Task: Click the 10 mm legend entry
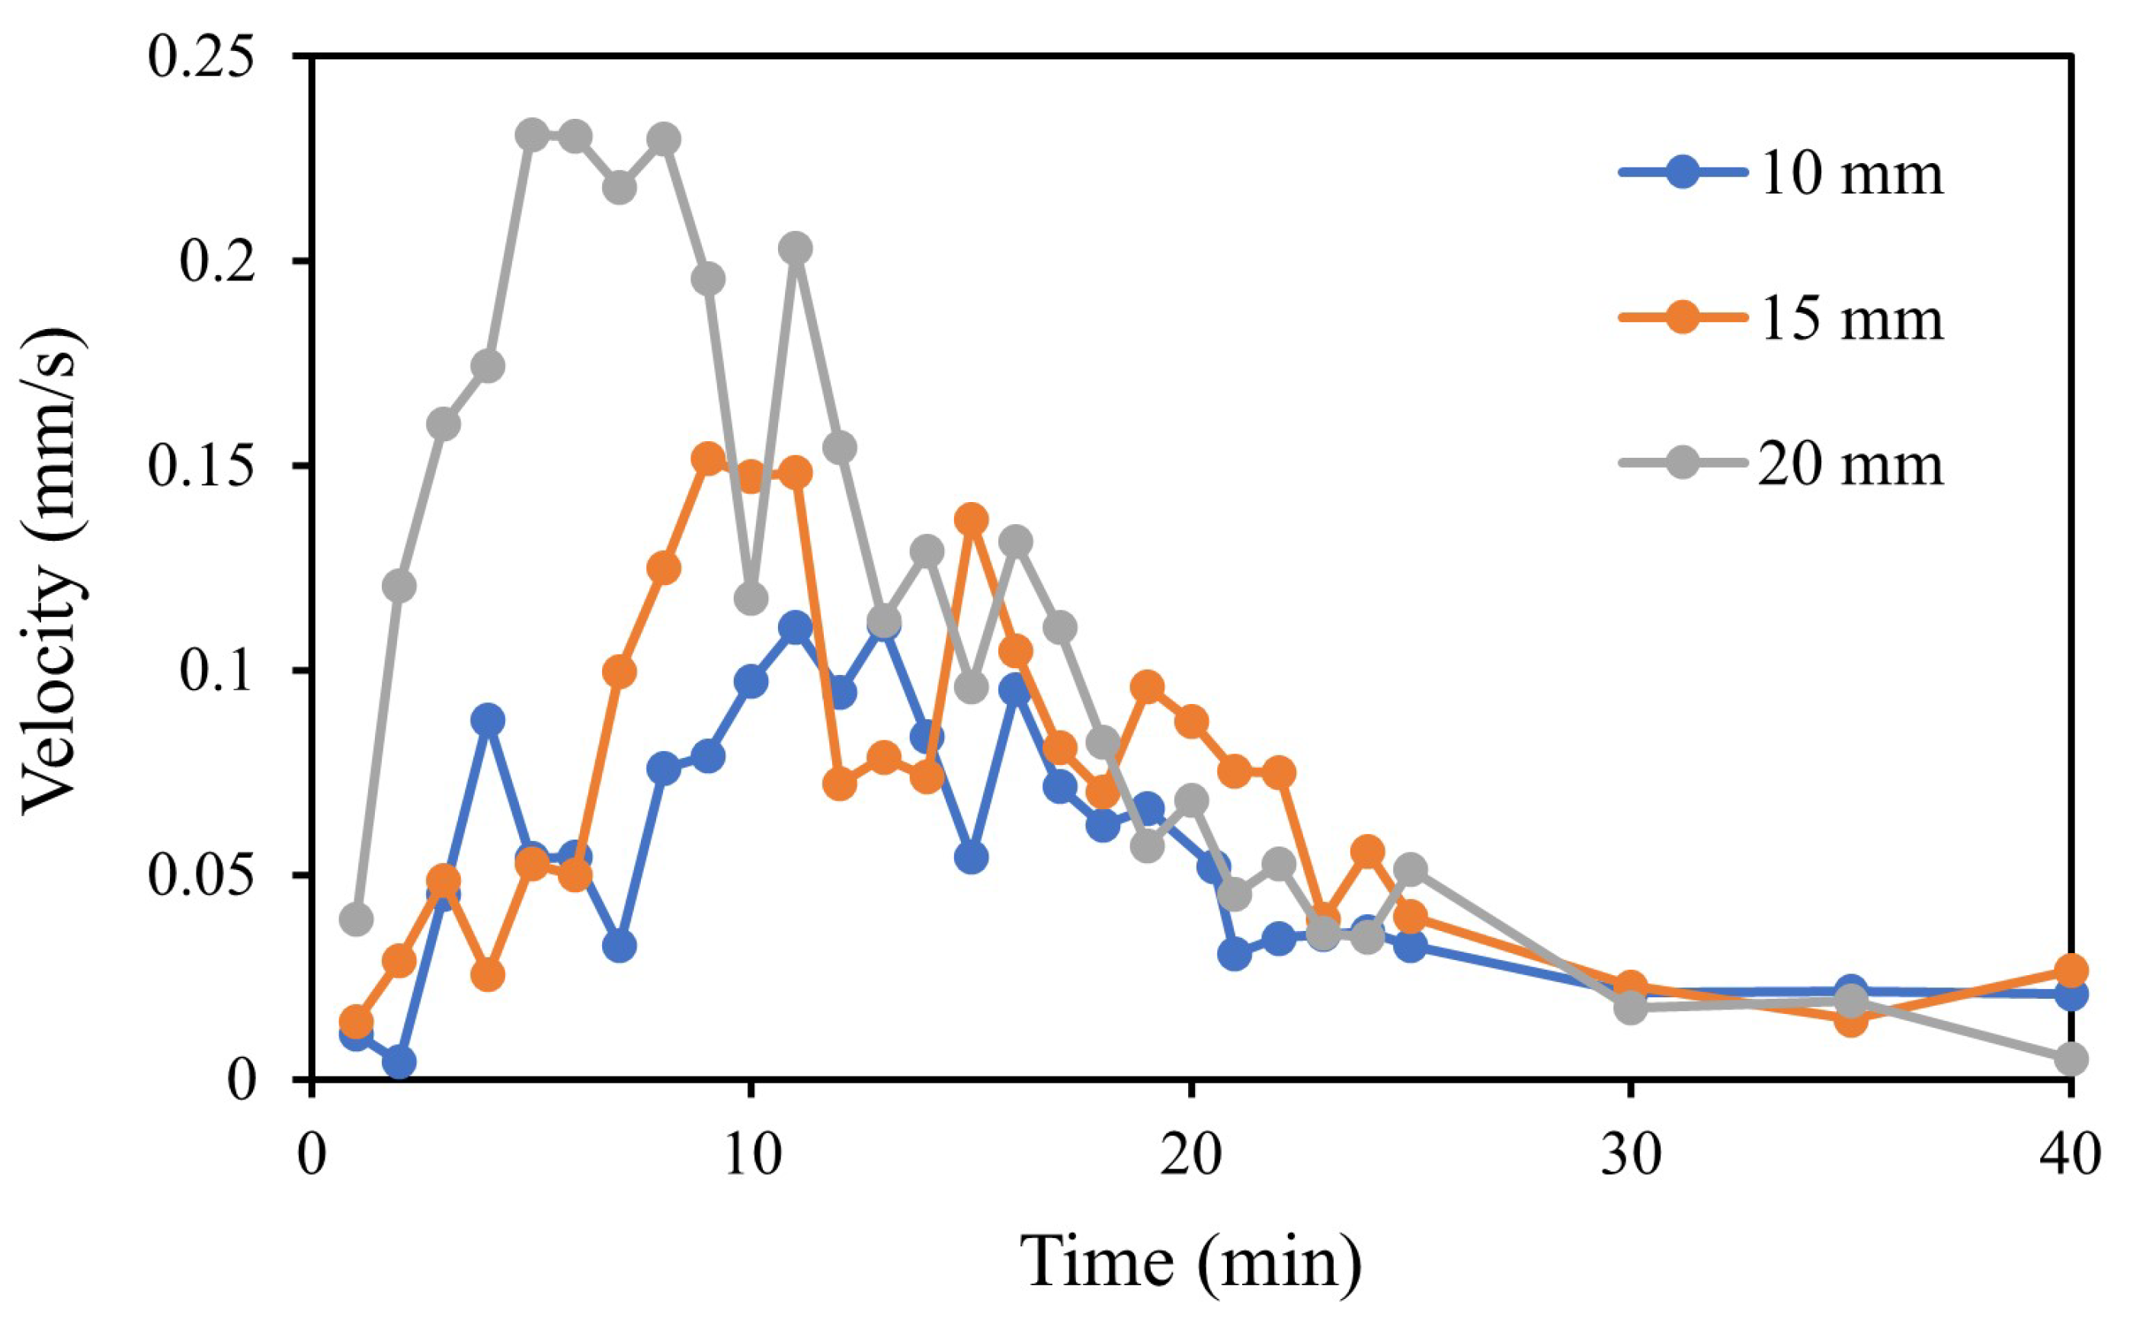pyautogui.click(x=1848, y=174)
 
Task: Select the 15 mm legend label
pyautogui.click(x=1848, y=318)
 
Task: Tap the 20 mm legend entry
pyautogui.click(x=1848, y=464)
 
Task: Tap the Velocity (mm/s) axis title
pyautogui.click(x=54, y=571)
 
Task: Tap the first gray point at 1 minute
pyautogui.click(x=356, y=919)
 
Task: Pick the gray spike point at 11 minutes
pyautogui.click(x=795, y=248)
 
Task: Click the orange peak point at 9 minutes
pyautogui.click(x=708, y=459)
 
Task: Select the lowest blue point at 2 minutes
pyautogui.click(x=399, y=1063)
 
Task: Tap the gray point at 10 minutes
pyautogui.click(x=751, y=599)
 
